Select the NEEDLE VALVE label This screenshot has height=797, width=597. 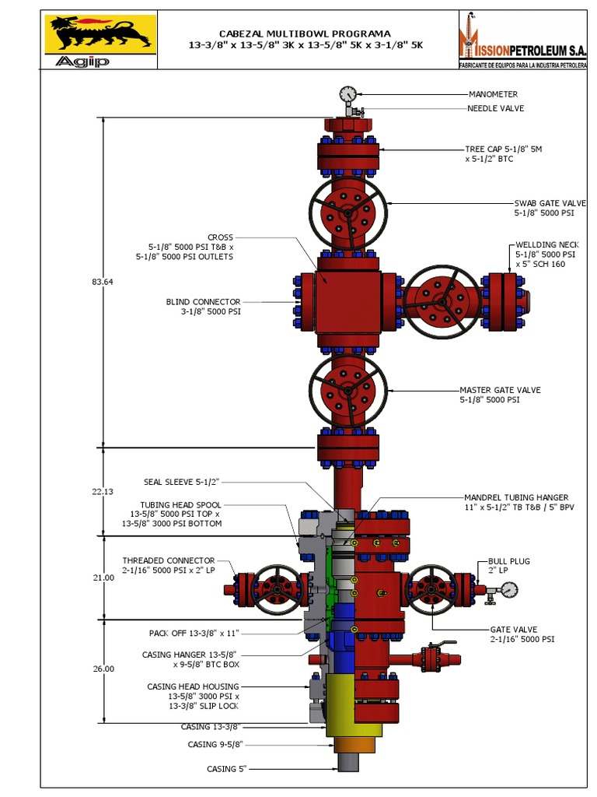tap(495, 108)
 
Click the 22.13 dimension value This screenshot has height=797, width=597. tap(103, 491)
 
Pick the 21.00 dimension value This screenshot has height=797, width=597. tap(103, 578)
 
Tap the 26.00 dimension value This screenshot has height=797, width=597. tap(103, 669)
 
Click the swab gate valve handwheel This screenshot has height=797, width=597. tap(348, 212)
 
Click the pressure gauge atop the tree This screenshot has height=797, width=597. tap(347, 94)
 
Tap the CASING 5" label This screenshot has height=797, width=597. tap(226, 769)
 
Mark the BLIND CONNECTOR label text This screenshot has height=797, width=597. tap(203, 301)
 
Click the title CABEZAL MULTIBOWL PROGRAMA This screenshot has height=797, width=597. tap(305, 33)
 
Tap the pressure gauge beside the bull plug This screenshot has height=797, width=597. tap(508, 590)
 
